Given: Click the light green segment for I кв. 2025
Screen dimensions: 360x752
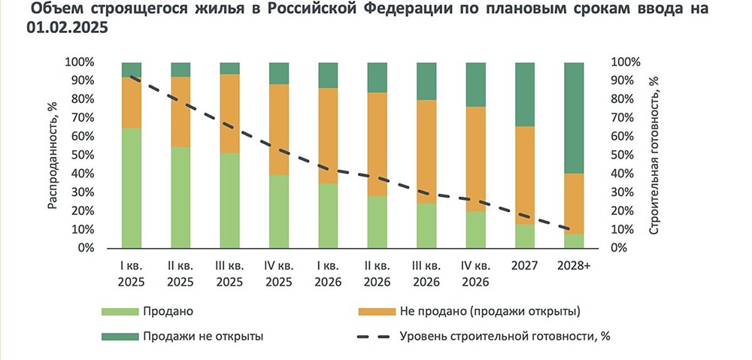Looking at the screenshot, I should [132, 188].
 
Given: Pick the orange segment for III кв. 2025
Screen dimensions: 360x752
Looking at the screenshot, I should [230, 113].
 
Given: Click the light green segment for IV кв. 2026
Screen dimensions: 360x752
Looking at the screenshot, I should [475, 229].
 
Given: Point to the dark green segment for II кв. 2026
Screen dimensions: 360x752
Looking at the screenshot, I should [378, 77].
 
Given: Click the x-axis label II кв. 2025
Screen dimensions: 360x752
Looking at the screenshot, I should [181, 274].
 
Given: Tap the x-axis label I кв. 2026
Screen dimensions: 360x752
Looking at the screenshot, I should [329, 274].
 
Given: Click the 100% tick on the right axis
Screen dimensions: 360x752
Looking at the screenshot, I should [626, 62].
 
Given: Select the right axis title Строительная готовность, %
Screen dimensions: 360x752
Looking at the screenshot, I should [653, 155].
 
